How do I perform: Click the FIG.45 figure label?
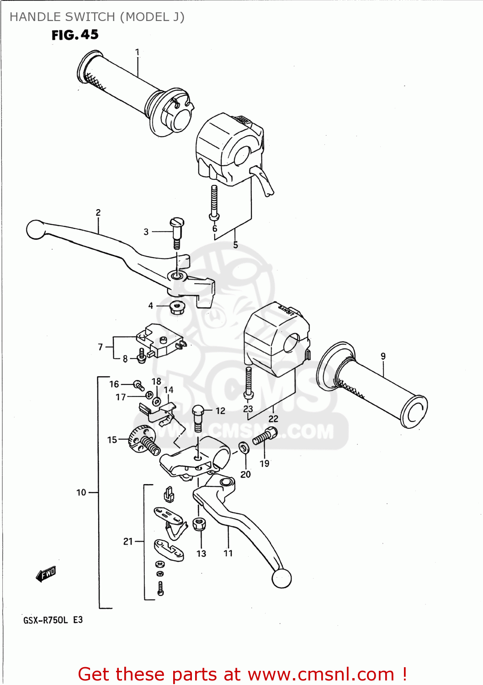pos(75,35)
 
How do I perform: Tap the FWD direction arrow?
pos(46,574)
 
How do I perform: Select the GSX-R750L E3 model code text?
pos(53,620)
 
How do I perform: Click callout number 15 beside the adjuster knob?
pos(112,440)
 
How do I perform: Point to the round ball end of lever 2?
pos(35,229)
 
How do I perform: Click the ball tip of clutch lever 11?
pos(281,579)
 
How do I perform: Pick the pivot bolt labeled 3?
pos(176,232)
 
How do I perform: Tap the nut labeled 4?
pos(176,307)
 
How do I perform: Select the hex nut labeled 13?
pos(198,524)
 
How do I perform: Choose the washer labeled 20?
pos(244,448)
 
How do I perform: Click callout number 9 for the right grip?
pos(383,356)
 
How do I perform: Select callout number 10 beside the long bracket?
pos(81,492)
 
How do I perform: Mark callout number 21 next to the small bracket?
pos(128,541)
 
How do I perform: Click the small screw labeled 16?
pos(138,385)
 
